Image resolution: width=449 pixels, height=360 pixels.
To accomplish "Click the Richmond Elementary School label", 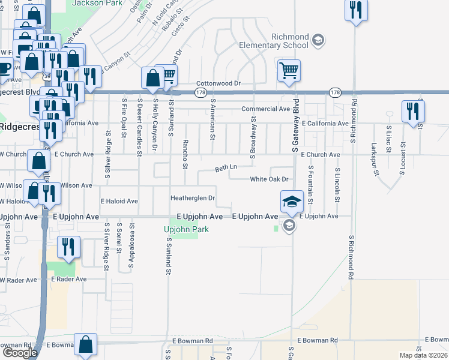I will tap(281, 41).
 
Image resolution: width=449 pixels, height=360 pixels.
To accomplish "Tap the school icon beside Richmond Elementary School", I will tap(318, 41).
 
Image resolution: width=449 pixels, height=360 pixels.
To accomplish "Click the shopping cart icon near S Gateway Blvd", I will tap(289, 71).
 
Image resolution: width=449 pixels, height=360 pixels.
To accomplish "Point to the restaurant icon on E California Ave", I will tap(413, 112).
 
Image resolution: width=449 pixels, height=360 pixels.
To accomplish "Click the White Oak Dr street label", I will tap(270, 179).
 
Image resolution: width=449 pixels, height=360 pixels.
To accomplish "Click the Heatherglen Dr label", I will tap(193, 197).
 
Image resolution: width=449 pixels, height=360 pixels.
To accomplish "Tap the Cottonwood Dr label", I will tap(218, 84).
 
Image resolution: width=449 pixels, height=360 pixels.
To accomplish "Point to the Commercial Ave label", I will tap(266, 109).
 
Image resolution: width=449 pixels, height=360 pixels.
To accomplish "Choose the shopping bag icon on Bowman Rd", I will tap(86, 344).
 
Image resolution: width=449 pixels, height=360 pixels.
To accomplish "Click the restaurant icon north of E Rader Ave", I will tap(68, 247).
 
